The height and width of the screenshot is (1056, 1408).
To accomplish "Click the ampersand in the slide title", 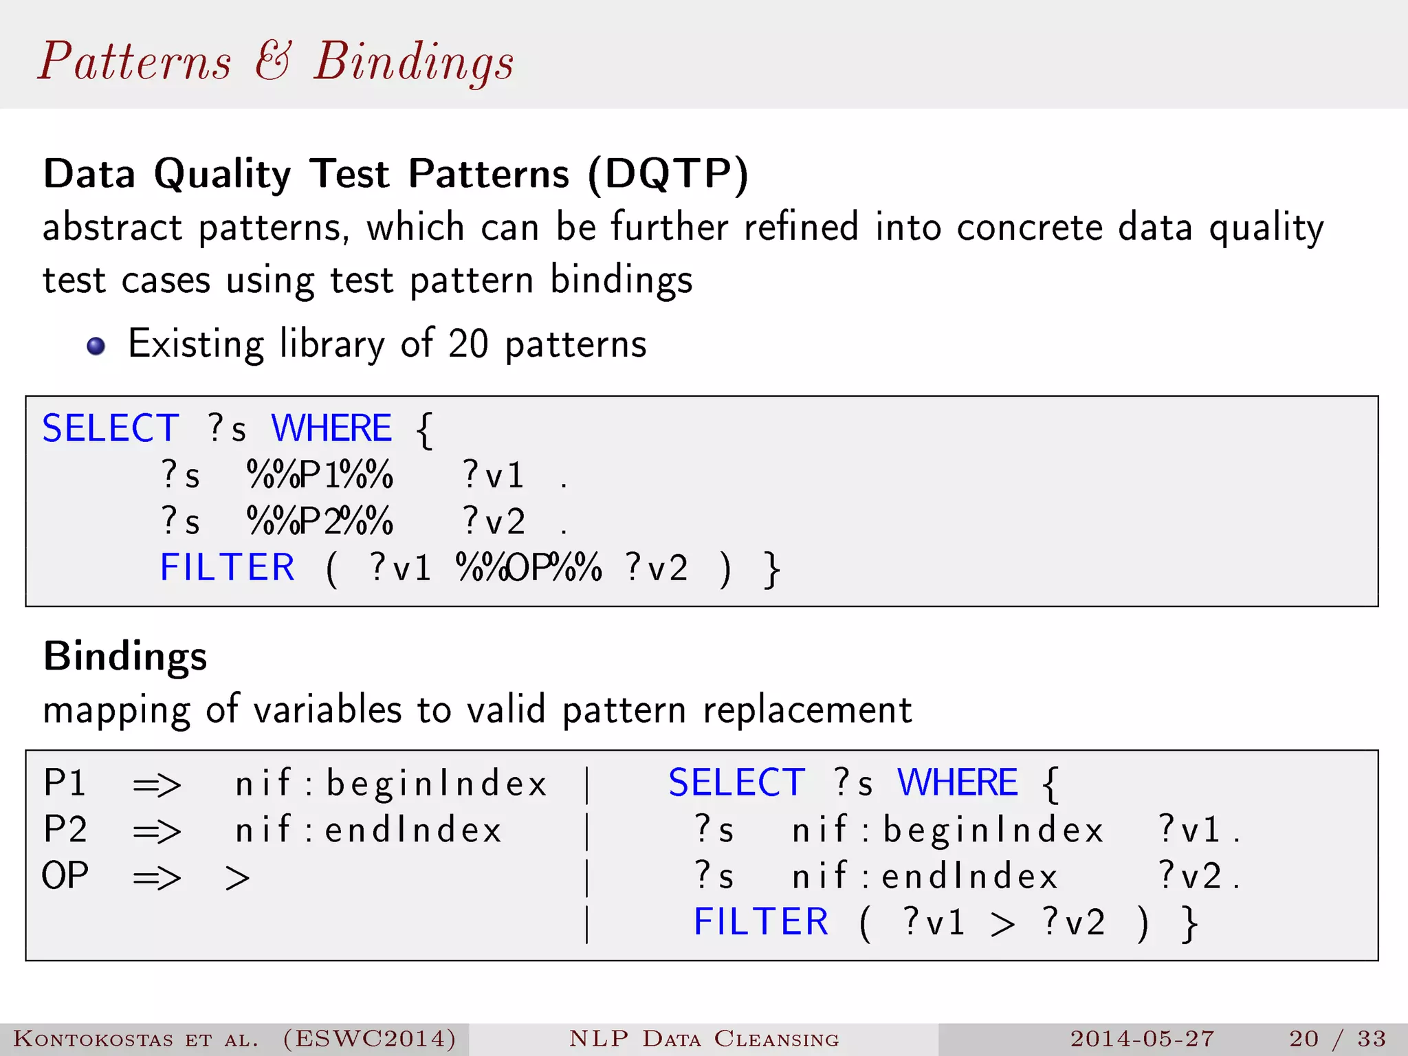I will click(x=273, y=60).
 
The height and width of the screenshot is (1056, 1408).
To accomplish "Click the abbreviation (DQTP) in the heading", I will click(x=668, y=174).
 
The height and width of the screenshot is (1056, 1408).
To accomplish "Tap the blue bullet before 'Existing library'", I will click(x=96, y=346).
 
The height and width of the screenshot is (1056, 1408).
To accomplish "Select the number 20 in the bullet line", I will click(x=467, y=344).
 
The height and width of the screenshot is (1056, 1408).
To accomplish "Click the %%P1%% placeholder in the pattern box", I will click(x=320, y=475).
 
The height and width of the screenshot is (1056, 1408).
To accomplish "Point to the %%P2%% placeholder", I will click(x=320, y=521).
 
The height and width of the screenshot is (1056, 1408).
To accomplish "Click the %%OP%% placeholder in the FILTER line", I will click(x=528, y=568).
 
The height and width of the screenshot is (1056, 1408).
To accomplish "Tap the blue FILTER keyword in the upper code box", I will click(x=227, y=568).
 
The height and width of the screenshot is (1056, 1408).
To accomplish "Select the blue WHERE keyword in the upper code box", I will click(x=331, y=428).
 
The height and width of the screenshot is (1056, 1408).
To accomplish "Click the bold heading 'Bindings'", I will click(x=124, y=656).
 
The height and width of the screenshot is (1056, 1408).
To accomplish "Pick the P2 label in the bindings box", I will click(x=65, y=830).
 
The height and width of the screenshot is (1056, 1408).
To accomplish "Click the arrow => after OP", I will click(x=157, y=877).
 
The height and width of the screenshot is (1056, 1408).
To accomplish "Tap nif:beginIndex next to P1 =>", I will click(x=390, y=784).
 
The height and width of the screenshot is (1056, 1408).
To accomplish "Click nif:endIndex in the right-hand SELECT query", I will click(x=925, y=877).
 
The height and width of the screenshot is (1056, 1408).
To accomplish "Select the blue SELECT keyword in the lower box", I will click(x=736, y=783).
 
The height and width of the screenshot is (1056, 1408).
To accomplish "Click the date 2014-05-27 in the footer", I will click(x=1142, y=1038).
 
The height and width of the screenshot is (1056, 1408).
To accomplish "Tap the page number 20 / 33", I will click(x=1337, y=1038).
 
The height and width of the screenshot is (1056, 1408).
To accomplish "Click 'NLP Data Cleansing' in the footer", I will click(x=704, y=1038).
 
